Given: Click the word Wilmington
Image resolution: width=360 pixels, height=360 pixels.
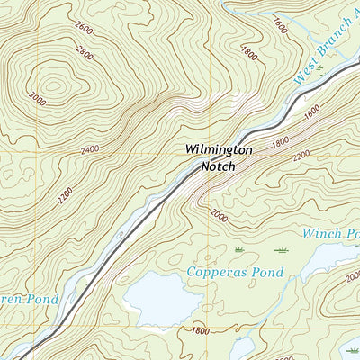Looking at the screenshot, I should point(219,149).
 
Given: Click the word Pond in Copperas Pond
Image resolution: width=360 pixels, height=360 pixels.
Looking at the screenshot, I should point(268,272).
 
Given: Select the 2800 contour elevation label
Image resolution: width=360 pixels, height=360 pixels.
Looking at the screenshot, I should point(84,53).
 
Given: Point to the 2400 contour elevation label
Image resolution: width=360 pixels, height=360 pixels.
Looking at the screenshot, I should point(89,149).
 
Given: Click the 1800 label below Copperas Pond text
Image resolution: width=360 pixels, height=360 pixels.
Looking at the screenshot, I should point(201,331).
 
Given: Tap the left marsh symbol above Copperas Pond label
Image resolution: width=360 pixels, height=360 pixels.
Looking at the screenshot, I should point(239,248).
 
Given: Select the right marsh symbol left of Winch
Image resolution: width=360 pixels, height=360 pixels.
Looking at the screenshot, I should point(281,249).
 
